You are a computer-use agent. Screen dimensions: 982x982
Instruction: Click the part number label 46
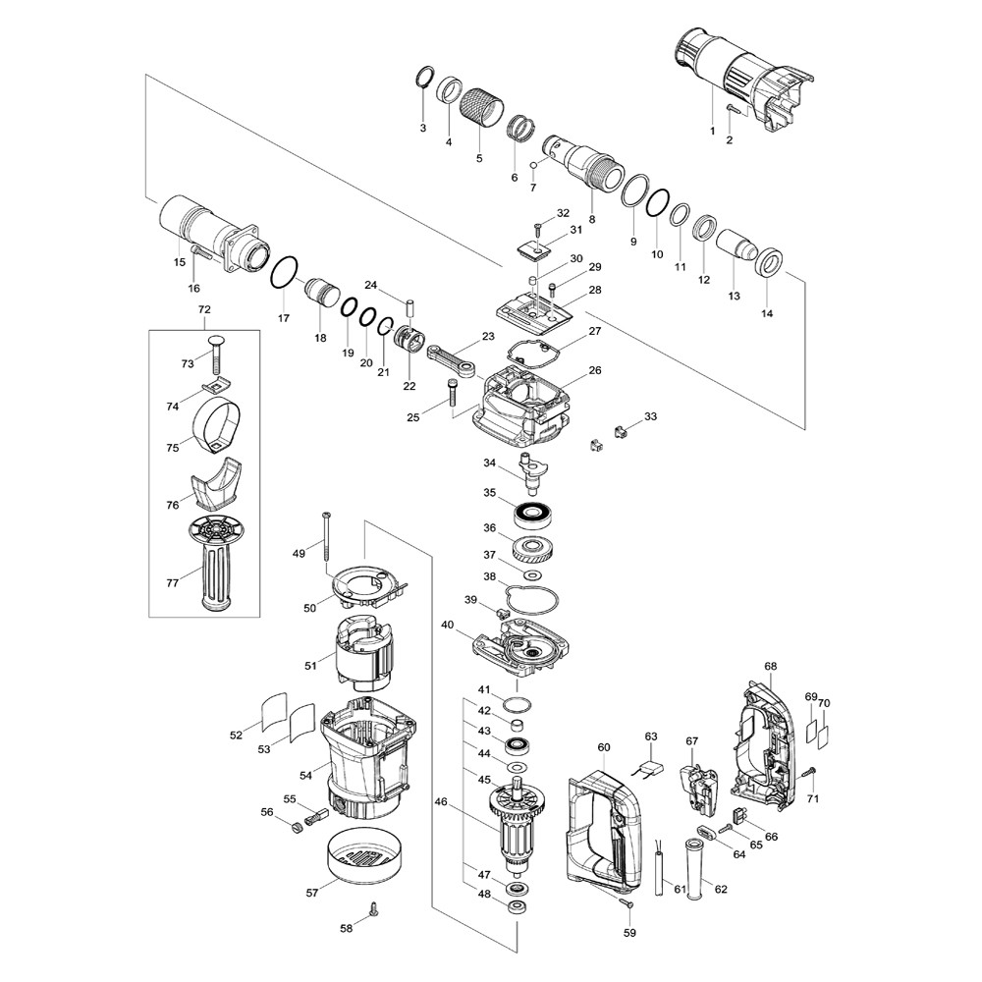pos(440,802)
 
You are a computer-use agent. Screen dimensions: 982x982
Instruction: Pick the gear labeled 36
pos(535,548)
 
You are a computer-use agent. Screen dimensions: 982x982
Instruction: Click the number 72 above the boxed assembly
pos(204,310)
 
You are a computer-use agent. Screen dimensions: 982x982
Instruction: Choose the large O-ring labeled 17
pos(284,272)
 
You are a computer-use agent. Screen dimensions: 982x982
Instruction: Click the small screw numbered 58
pos(372,910)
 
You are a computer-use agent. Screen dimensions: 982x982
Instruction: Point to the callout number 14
pos(767,314)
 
